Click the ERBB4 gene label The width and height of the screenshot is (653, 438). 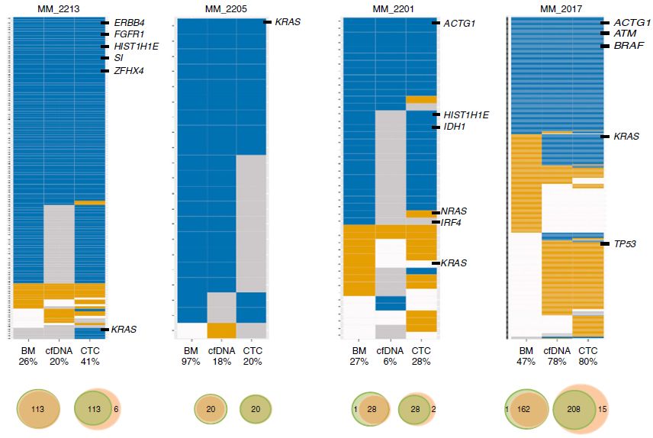(x=130, y=23)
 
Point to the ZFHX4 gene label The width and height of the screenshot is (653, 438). (x=129, y=71)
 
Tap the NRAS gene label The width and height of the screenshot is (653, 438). (x=455, y=211)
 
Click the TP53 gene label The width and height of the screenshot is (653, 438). (x=629, y=244)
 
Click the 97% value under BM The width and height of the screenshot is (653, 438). (x=191, y=361)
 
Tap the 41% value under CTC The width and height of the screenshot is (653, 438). (x=90, y=361)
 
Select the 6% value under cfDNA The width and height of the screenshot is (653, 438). (x=388, y=361)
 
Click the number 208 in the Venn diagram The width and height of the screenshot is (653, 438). (x=577, y=410)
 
